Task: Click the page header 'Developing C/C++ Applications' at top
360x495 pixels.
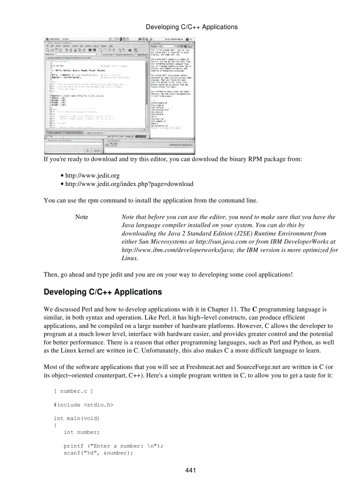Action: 191,27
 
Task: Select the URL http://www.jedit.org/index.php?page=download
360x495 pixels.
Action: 129,184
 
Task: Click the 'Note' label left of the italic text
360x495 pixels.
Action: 82,217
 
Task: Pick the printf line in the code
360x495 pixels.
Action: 113,446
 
